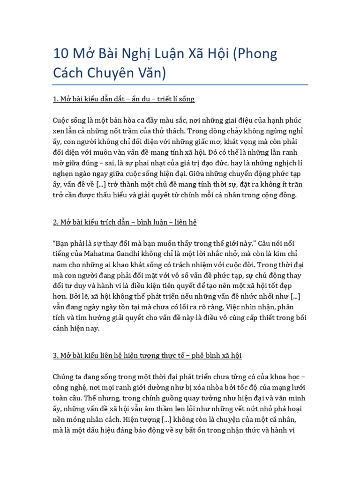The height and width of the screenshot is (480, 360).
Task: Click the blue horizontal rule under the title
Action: coord(180,85)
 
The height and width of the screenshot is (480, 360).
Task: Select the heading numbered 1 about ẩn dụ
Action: coord(123,99)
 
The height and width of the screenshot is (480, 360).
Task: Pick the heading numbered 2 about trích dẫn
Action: coord(125,222)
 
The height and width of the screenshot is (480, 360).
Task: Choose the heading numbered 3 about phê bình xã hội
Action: coord(147,356)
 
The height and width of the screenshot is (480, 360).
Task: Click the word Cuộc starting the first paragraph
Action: coord(63,120)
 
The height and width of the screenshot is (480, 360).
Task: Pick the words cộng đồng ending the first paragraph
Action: coord(277,195)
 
